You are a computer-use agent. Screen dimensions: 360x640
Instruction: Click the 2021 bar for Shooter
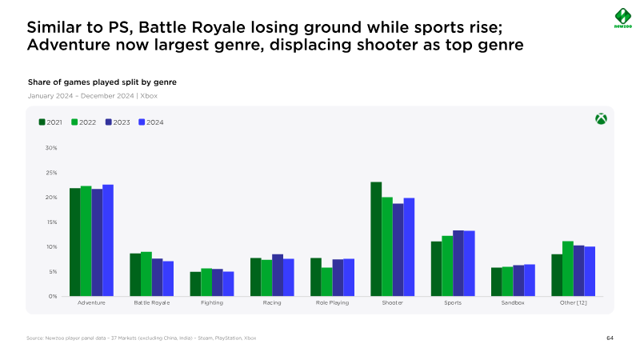point(376,239)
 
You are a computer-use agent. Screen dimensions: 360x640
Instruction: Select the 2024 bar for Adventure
point(108,240)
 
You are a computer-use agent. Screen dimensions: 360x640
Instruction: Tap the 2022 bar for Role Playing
point(326,282)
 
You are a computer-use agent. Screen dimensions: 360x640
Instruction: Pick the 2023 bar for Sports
point(458,263)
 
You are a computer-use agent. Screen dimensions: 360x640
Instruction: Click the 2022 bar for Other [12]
point(568,269)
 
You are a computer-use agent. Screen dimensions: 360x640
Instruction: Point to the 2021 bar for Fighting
point(195,284)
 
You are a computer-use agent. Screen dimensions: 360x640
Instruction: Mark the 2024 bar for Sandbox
point(530,280)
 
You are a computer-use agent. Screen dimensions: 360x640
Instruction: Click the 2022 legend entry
point(83,122)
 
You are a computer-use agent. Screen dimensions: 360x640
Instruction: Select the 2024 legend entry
point(150,122)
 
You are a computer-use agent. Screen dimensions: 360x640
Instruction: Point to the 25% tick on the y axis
point(50,173)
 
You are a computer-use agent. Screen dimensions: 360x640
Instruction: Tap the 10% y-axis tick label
point(50,247)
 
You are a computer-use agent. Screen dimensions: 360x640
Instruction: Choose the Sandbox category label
point(513,303)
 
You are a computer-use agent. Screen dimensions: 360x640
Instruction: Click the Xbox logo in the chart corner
point(600,118)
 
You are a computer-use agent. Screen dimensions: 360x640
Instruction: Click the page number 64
point(610,338)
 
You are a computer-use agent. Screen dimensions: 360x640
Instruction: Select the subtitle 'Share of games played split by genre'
point(102,82)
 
